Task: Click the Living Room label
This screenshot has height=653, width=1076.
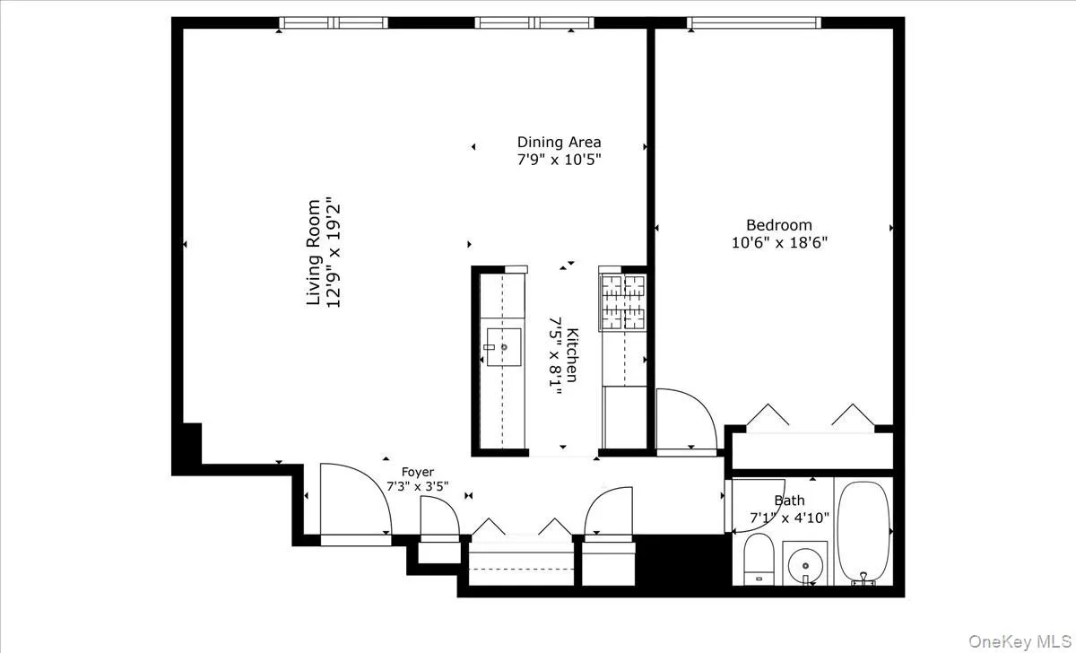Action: [314, 252]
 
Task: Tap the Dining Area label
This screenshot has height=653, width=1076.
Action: [559, 142]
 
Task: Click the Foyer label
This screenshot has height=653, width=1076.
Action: [417, 472]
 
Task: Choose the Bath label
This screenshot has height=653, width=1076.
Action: [789, 501]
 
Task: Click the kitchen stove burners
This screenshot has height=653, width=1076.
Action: [623, 301]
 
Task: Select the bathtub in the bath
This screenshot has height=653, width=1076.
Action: [864, 533]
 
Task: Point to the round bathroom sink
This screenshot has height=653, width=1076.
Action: [805, 565]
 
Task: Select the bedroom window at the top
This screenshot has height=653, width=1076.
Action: [753, 22]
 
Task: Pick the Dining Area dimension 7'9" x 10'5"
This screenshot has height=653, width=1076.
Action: [559, 160]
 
